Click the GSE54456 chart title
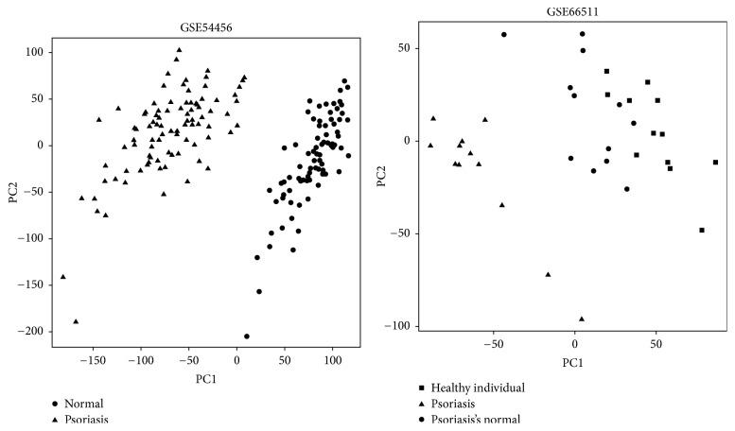click(206, 28)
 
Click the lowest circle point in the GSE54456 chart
click(247, 336)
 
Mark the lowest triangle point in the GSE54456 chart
click(76, 321)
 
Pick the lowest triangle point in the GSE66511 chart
click(582, 319)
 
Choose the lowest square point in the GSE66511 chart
click(702, 230)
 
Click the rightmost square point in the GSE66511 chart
click(715, 163)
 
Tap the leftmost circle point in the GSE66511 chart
click(504, 34)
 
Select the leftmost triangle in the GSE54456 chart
click(63, 277)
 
